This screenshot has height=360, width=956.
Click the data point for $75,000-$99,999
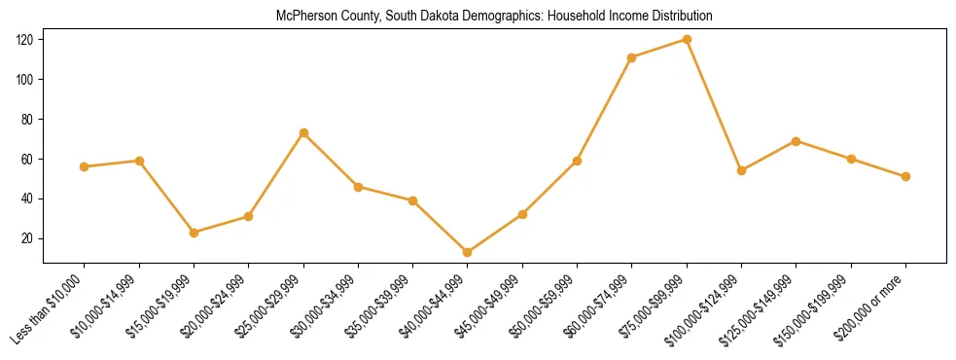(687, 40)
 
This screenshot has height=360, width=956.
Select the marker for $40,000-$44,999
(468, 252)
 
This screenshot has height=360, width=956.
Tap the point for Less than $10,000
(85, 166)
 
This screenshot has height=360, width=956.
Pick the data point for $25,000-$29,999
(303, 132)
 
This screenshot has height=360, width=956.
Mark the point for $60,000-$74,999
(632, 57)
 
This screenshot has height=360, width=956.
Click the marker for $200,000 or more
(905, 176)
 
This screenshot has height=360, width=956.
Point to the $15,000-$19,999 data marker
(194, 233)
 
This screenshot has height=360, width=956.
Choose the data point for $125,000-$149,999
(796, 141)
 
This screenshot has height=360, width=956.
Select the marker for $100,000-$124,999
(741, 170)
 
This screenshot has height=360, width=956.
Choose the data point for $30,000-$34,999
(358, 187)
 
